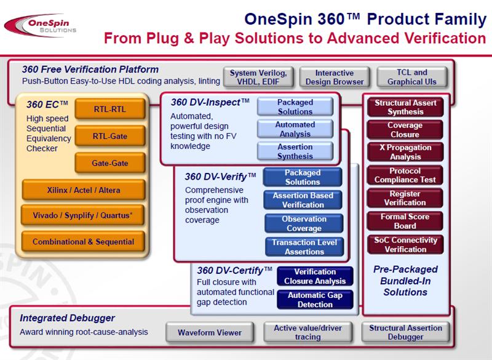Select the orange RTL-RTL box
(110, 110)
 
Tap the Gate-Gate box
(110, 163)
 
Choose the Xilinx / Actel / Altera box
(84, 190)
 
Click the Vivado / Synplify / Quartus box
(84, 216)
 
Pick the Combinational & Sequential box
(84, 242)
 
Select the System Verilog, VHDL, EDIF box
(258, 77)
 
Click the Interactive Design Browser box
(335, 77)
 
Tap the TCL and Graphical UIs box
(411, 77)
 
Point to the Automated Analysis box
(295, 129)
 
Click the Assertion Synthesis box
(295, 151)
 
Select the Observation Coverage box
(304, 223)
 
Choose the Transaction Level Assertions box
(304, 247)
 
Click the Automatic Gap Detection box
(315, 300)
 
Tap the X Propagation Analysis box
(405, 152)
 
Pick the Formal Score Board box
(405, 221)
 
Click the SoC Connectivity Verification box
(405, 244)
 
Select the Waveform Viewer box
(210, 332)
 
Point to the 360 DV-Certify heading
(234, 270)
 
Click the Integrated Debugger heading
(68, 318)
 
